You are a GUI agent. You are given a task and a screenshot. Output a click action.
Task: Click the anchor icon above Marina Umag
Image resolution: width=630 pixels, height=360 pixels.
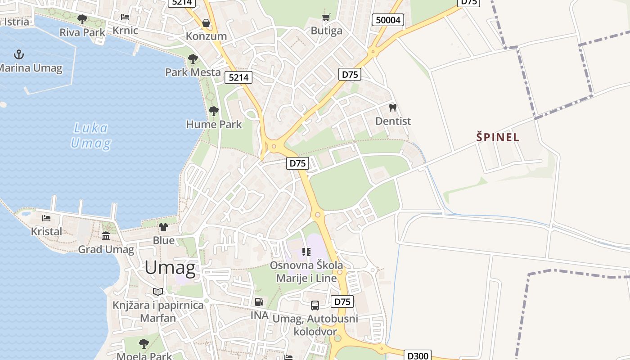click(18, 55)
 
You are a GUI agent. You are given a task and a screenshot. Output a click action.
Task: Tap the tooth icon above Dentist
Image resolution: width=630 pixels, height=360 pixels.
click(393, 108)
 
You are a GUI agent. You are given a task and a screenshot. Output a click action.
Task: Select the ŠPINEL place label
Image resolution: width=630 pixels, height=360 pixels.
click(498, 137)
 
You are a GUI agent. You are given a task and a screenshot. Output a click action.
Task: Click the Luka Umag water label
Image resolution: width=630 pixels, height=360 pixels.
click(90, 136)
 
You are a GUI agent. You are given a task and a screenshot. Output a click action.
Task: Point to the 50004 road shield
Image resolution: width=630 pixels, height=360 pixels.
click(387, 20)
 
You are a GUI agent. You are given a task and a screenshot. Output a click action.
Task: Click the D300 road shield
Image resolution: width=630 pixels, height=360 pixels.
click(418, 355)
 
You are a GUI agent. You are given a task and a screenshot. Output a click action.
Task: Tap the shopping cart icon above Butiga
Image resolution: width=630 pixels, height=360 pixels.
click(326, 17)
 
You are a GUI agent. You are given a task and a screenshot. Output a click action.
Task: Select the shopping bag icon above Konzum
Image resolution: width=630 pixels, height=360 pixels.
click(206, 23)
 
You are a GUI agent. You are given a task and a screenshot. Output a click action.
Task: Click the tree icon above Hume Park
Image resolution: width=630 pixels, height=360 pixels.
click(214, 111)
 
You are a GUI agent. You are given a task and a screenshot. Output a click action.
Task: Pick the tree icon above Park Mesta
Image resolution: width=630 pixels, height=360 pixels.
click(193, 58)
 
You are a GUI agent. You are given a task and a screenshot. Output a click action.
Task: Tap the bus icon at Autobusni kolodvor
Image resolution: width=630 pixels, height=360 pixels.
click(315, 306)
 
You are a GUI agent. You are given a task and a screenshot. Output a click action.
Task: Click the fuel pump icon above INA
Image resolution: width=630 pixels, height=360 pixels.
click(259, 302)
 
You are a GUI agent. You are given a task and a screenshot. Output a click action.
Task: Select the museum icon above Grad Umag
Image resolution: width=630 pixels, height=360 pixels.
click(106, 236)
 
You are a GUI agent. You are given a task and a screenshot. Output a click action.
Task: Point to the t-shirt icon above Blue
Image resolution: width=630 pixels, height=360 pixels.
click(163, 227)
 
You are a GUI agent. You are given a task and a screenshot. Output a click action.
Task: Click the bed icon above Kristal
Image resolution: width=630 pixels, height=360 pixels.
click(46, 218)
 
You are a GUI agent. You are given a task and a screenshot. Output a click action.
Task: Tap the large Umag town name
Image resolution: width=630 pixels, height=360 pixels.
click(170, 268)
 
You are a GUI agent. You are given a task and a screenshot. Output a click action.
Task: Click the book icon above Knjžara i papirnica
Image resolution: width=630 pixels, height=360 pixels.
click(158, 292)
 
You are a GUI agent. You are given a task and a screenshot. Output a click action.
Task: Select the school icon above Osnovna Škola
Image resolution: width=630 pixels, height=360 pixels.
click(306, 252)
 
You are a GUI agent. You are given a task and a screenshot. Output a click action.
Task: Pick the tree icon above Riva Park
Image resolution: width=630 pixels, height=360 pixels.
click(82, 19)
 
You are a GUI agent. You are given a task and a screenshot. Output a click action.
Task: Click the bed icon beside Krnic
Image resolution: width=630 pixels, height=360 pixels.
click(125, 17)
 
